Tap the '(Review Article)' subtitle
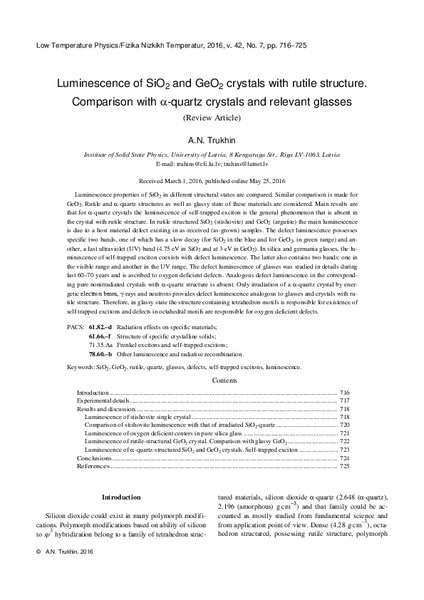(212, 117)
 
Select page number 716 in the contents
(344, 393)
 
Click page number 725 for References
(344, 466)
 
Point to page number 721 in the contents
(344, 433)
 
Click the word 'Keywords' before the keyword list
(81, 367)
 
